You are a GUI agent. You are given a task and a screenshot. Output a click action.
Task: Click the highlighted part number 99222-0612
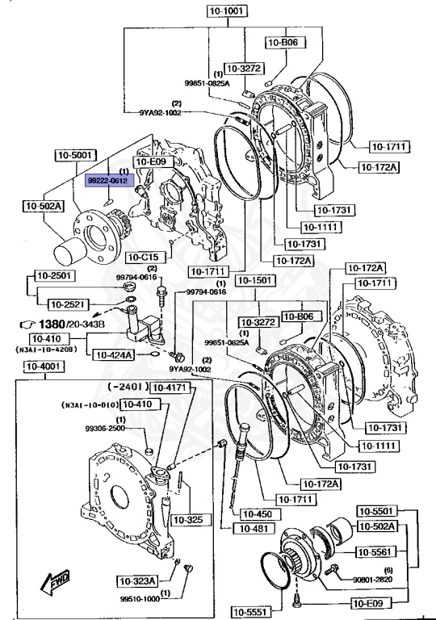(x=107, y=183)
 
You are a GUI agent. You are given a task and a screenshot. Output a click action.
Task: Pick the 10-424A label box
(x=111, y=354)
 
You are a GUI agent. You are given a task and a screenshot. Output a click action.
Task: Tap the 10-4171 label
(x=169, y=387)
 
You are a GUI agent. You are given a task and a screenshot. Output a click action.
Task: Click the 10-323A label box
(x=136, y=580)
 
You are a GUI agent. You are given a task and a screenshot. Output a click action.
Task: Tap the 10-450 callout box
(x=256, y=513)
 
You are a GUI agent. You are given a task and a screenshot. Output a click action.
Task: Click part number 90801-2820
(x=371, y=579)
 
